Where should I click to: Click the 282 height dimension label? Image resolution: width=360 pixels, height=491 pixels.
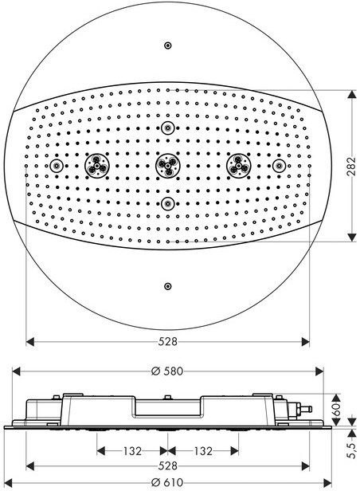click(x=353, y=166)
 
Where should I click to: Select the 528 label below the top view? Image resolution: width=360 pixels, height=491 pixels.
click(x=167, y=341)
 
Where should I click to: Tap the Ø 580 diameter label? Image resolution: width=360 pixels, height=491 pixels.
click(x=167, y=371)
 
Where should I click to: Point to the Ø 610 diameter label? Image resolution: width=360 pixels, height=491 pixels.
click(x=167, y=482)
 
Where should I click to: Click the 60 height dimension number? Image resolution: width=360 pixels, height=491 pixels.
click(x=337, y=409)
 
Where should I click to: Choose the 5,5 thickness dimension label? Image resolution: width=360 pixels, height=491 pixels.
click(x=352, y=450)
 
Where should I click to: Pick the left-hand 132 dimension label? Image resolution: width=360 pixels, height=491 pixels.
click(x=132, y=451)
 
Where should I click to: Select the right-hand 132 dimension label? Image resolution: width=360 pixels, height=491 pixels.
click(x=203, y=451)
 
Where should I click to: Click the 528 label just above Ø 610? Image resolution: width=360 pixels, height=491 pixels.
click(x=167, y=466)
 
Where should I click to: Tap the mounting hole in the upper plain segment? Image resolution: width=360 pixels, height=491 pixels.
click(x=168, y=45)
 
